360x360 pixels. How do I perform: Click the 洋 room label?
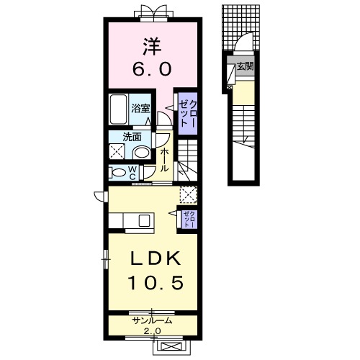[x=152, y=47]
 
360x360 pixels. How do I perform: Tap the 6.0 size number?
[x=152, y=68]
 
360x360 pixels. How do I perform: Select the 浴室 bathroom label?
[x=140, y=109]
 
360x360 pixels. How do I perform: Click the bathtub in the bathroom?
[x=118, y=109]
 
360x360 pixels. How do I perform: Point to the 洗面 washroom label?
[x=132, y=137]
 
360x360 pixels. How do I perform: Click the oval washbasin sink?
[x=142, y=153]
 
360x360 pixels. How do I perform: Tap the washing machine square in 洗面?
[x=117, y=151]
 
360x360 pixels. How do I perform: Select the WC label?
[x=133, y=173]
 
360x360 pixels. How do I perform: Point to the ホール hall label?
[x=163, y=160]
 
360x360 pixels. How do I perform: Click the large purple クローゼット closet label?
[x=188, y=113]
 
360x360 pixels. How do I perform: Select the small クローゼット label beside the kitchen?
[x=189, y=219]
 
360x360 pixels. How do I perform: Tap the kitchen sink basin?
[x=144, y=220]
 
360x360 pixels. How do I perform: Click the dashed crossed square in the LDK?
[x=189, y=194]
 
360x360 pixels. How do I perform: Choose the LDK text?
[x=156, y=258]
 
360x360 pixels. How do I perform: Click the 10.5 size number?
[x=156, y=282]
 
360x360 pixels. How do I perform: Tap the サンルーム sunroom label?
[x=153, y=320]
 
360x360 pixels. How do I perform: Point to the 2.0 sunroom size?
[x=152, y=331]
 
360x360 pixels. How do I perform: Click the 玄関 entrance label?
[x=245, y=66]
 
